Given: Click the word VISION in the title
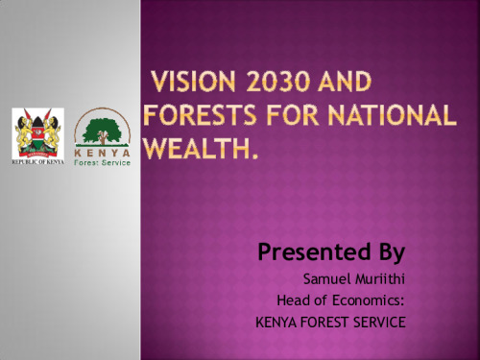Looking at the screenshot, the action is click(x=194, y=82).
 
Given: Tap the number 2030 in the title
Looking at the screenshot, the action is click(x=277, y=82).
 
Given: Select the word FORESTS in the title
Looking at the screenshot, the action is click(x=201, y=114).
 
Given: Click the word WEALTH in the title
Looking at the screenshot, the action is click(x=197, y=148).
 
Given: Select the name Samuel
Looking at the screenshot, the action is click(x=326, y=279).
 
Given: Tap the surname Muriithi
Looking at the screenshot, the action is click(x=380, y=279).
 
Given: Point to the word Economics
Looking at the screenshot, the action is click(x=368, y=300).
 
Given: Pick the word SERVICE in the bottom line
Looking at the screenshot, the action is click(x=379, y=322).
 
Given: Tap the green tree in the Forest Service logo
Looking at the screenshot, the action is click(x=102, y=132).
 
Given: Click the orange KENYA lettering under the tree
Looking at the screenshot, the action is click(x=102, y=153).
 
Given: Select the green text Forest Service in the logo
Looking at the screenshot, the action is click(x=102, y=162).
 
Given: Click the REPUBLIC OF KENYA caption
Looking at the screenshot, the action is click(x=37, y=162).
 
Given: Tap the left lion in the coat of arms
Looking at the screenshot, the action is click(x=23, y=132).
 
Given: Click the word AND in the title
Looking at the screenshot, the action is click(x=345, y=82).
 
